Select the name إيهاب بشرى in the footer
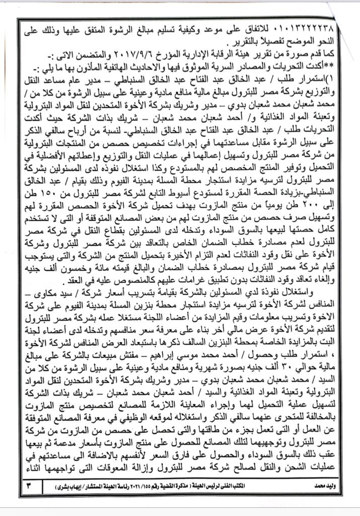pos(74,488)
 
